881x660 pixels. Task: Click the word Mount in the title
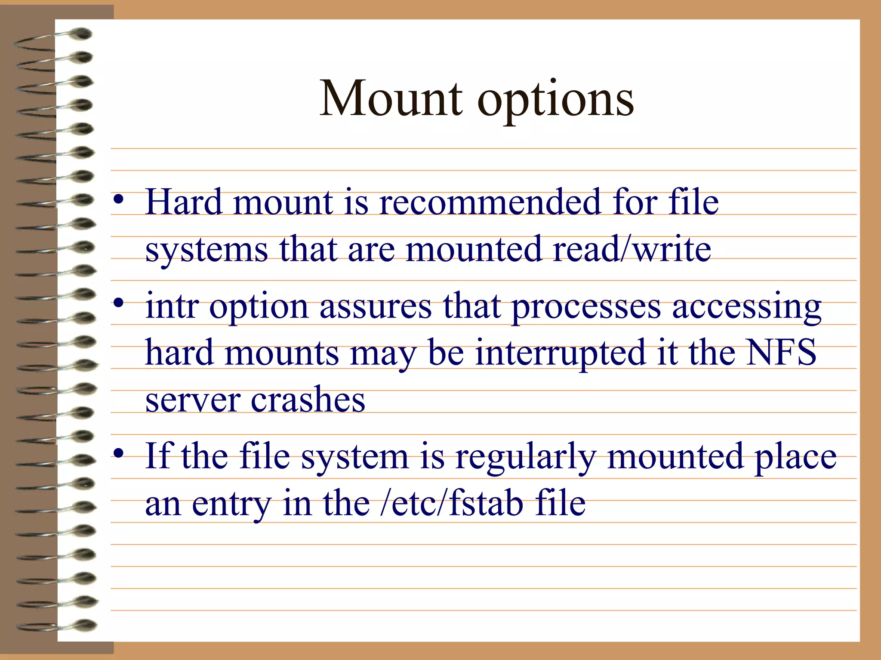pyautogui.click(x=391, y=99)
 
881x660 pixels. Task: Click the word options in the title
pyautogui.click(x=556, y=101)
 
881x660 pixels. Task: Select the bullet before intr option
pyautogui.click(x=119, y=303)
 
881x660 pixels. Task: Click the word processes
pyautogui.click(x=586, y=309)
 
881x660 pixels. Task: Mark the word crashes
pyautogui.click(x=308, y=400)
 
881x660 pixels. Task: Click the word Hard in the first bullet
pyautogui.click(x=184, y=202)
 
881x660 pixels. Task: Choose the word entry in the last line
pyautogui.click(x=231, y=505)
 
